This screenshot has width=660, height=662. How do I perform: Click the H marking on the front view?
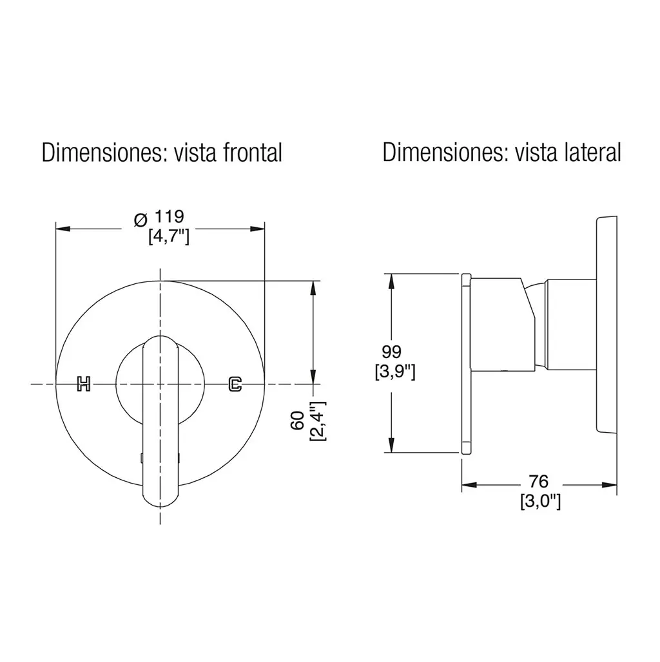[84, 383]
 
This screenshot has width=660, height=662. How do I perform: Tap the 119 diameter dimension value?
[169, 216]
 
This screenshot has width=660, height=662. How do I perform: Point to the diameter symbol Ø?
[141, 220]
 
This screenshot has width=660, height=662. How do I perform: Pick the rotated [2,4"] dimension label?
[317, 421]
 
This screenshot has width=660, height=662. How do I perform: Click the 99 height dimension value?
[392, 352]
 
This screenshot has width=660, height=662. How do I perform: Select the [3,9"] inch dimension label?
[395, 372]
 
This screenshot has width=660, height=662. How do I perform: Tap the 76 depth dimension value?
[539, 481]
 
